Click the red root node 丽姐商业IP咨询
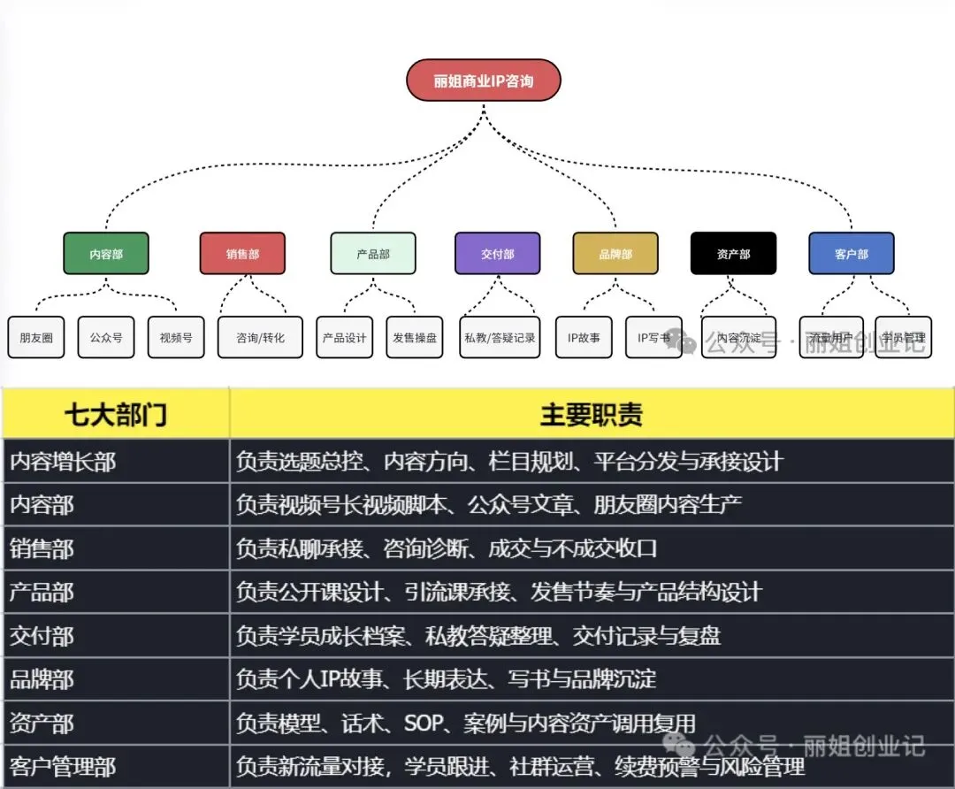tap(484, 80)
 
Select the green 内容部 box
tap(106, 254)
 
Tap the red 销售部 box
tap(242, 254)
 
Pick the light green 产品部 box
tap(373, 254)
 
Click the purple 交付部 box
tap(498, 254)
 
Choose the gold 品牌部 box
tap(615, 254)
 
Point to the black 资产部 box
tap(733, 254)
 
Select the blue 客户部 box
tap(852, 254)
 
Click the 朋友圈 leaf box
tap(36, 338)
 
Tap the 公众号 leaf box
tap(106, 338)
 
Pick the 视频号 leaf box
tap(176, 338)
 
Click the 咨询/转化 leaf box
tap(260, 338)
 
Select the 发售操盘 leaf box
tap(415, 338)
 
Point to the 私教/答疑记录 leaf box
tap(500, 338)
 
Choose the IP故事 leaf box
tap(584, 338)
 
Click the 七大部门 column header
tap(115, 414)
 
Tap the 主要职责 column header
tap(591, 414)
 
